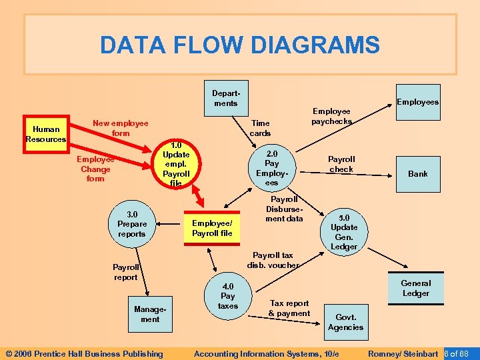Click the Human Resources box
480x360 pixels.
tap(46, 134)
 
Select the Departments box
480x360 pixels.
tap(225, 99)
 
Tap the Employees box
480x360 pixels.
tap(418, 102)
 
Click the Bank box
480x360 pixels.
tap(418, 173)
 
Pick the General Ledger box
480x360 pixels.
tap(415, 288)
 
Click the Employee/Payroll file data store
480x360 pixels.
tap(212, 228)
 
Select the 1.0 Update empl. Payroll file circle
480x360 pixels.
tap(176, 164)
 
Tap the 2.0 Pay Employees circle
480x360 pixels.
tap(271, 167)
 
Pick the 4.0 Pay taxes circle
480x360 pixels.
tap(227, 295)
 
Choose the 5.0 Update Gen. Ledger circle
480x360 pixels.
tap(344, 232)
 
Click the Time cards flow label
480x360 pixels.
tap(260, 128)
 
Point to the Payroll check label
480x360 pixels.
tap(341, 164)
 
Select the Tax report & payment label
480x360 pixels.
tap(289, 308)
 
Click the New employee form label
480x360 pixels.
tap(120, 128)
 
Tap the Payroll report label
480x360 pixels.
tap(125, 272)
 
